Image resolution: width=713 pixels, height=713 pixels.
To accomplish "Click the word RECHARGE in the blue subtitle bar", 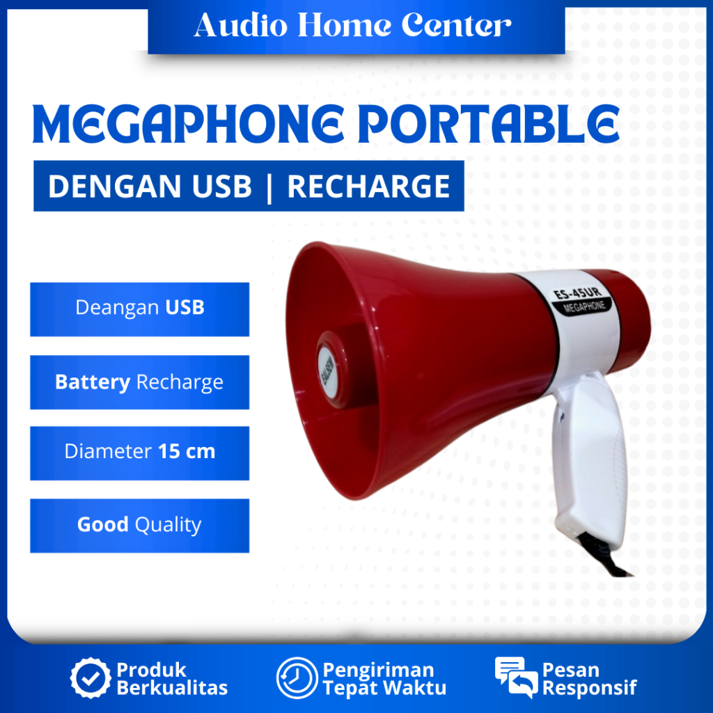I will coord(368,187).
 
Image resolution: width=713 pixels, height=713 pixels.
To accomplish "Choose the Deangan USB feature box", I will coord(139,308).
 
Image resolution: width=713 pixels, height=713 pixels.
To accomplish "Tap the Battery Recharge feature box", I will coord(139,382).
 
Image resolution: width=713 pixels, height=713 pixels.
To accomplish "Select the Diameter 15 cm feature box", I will coord(139,452).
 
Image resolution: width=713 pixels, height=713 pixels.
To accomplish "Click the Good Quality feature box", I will coord(139,525).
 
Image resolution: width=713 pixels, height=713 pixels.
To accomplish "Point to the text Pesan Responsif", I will coord(589,679).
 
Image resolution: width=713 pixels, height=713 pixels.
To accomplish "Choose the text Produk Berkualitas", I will coord(171,679).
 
